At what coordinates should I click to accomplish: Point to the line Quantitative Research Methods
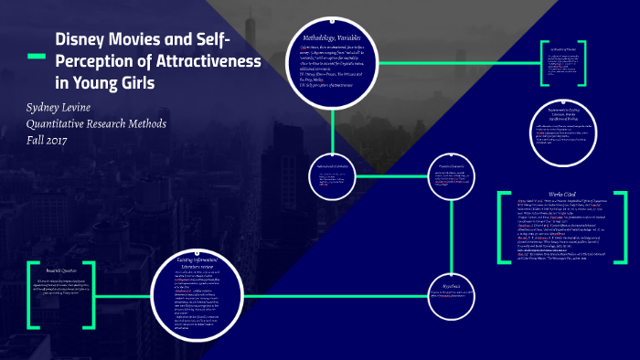pyautogui.click(x=96, y=125)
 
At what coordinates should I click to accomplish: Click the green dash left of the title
pyautogui.click(x=34, y=58)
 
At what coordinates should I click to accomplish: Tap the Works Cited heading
pyautogui.click(x=562, y=193)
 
